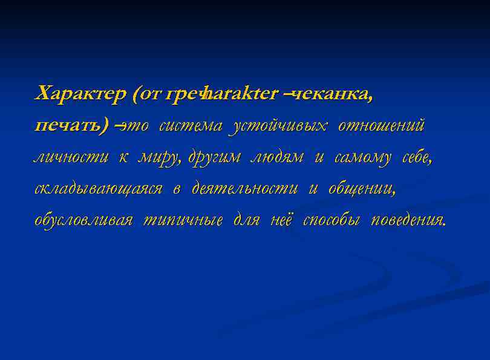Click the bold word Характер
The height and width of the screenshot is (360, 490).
[80, 94]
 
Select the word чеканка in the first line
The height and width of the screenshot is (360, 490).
[332, 94]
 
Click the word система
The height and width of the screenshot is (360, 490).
[191, 126]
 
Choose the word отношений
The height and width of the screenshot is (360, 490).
[381, 126]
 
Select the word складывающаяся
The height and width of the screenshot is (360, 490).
[98, 189]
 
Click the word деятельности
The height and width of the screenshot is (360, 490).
[244, 189]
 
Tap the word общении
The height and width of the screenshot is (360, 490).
[362, 189]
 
